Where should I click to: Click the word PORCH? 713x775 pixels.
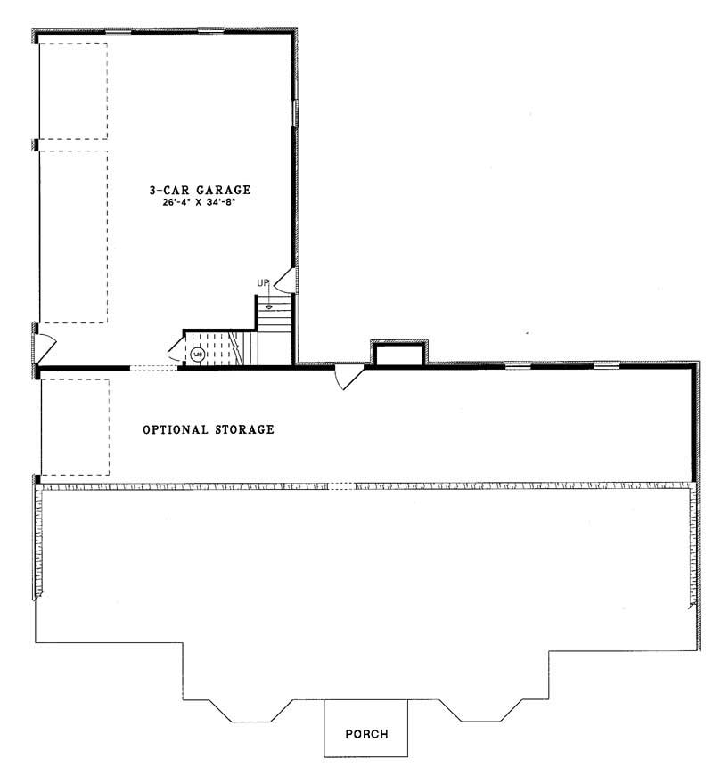click(366, 735)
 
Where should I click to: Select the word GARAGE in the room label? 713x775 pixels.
click(219, 190)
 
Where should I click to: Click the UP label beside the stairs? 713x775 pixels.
click(263, 283)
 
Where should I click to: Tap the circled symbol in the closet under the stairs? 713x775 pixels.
click(197, 354)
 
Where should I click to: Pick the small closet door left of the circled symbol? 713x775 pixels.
click(175, 348)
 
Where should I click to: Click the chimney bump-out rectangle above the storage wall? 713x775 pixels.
click(397, 354)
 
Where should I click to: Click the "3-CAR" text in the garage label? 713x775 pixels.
click(167, 190)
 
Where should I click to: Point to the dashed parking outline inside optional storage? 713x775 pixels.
click(75, 427)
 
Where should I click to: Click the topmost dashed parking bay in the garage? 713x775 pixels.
click(73, 89)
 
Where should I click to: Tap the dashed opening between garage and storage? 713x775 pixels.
click(154, 367)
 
